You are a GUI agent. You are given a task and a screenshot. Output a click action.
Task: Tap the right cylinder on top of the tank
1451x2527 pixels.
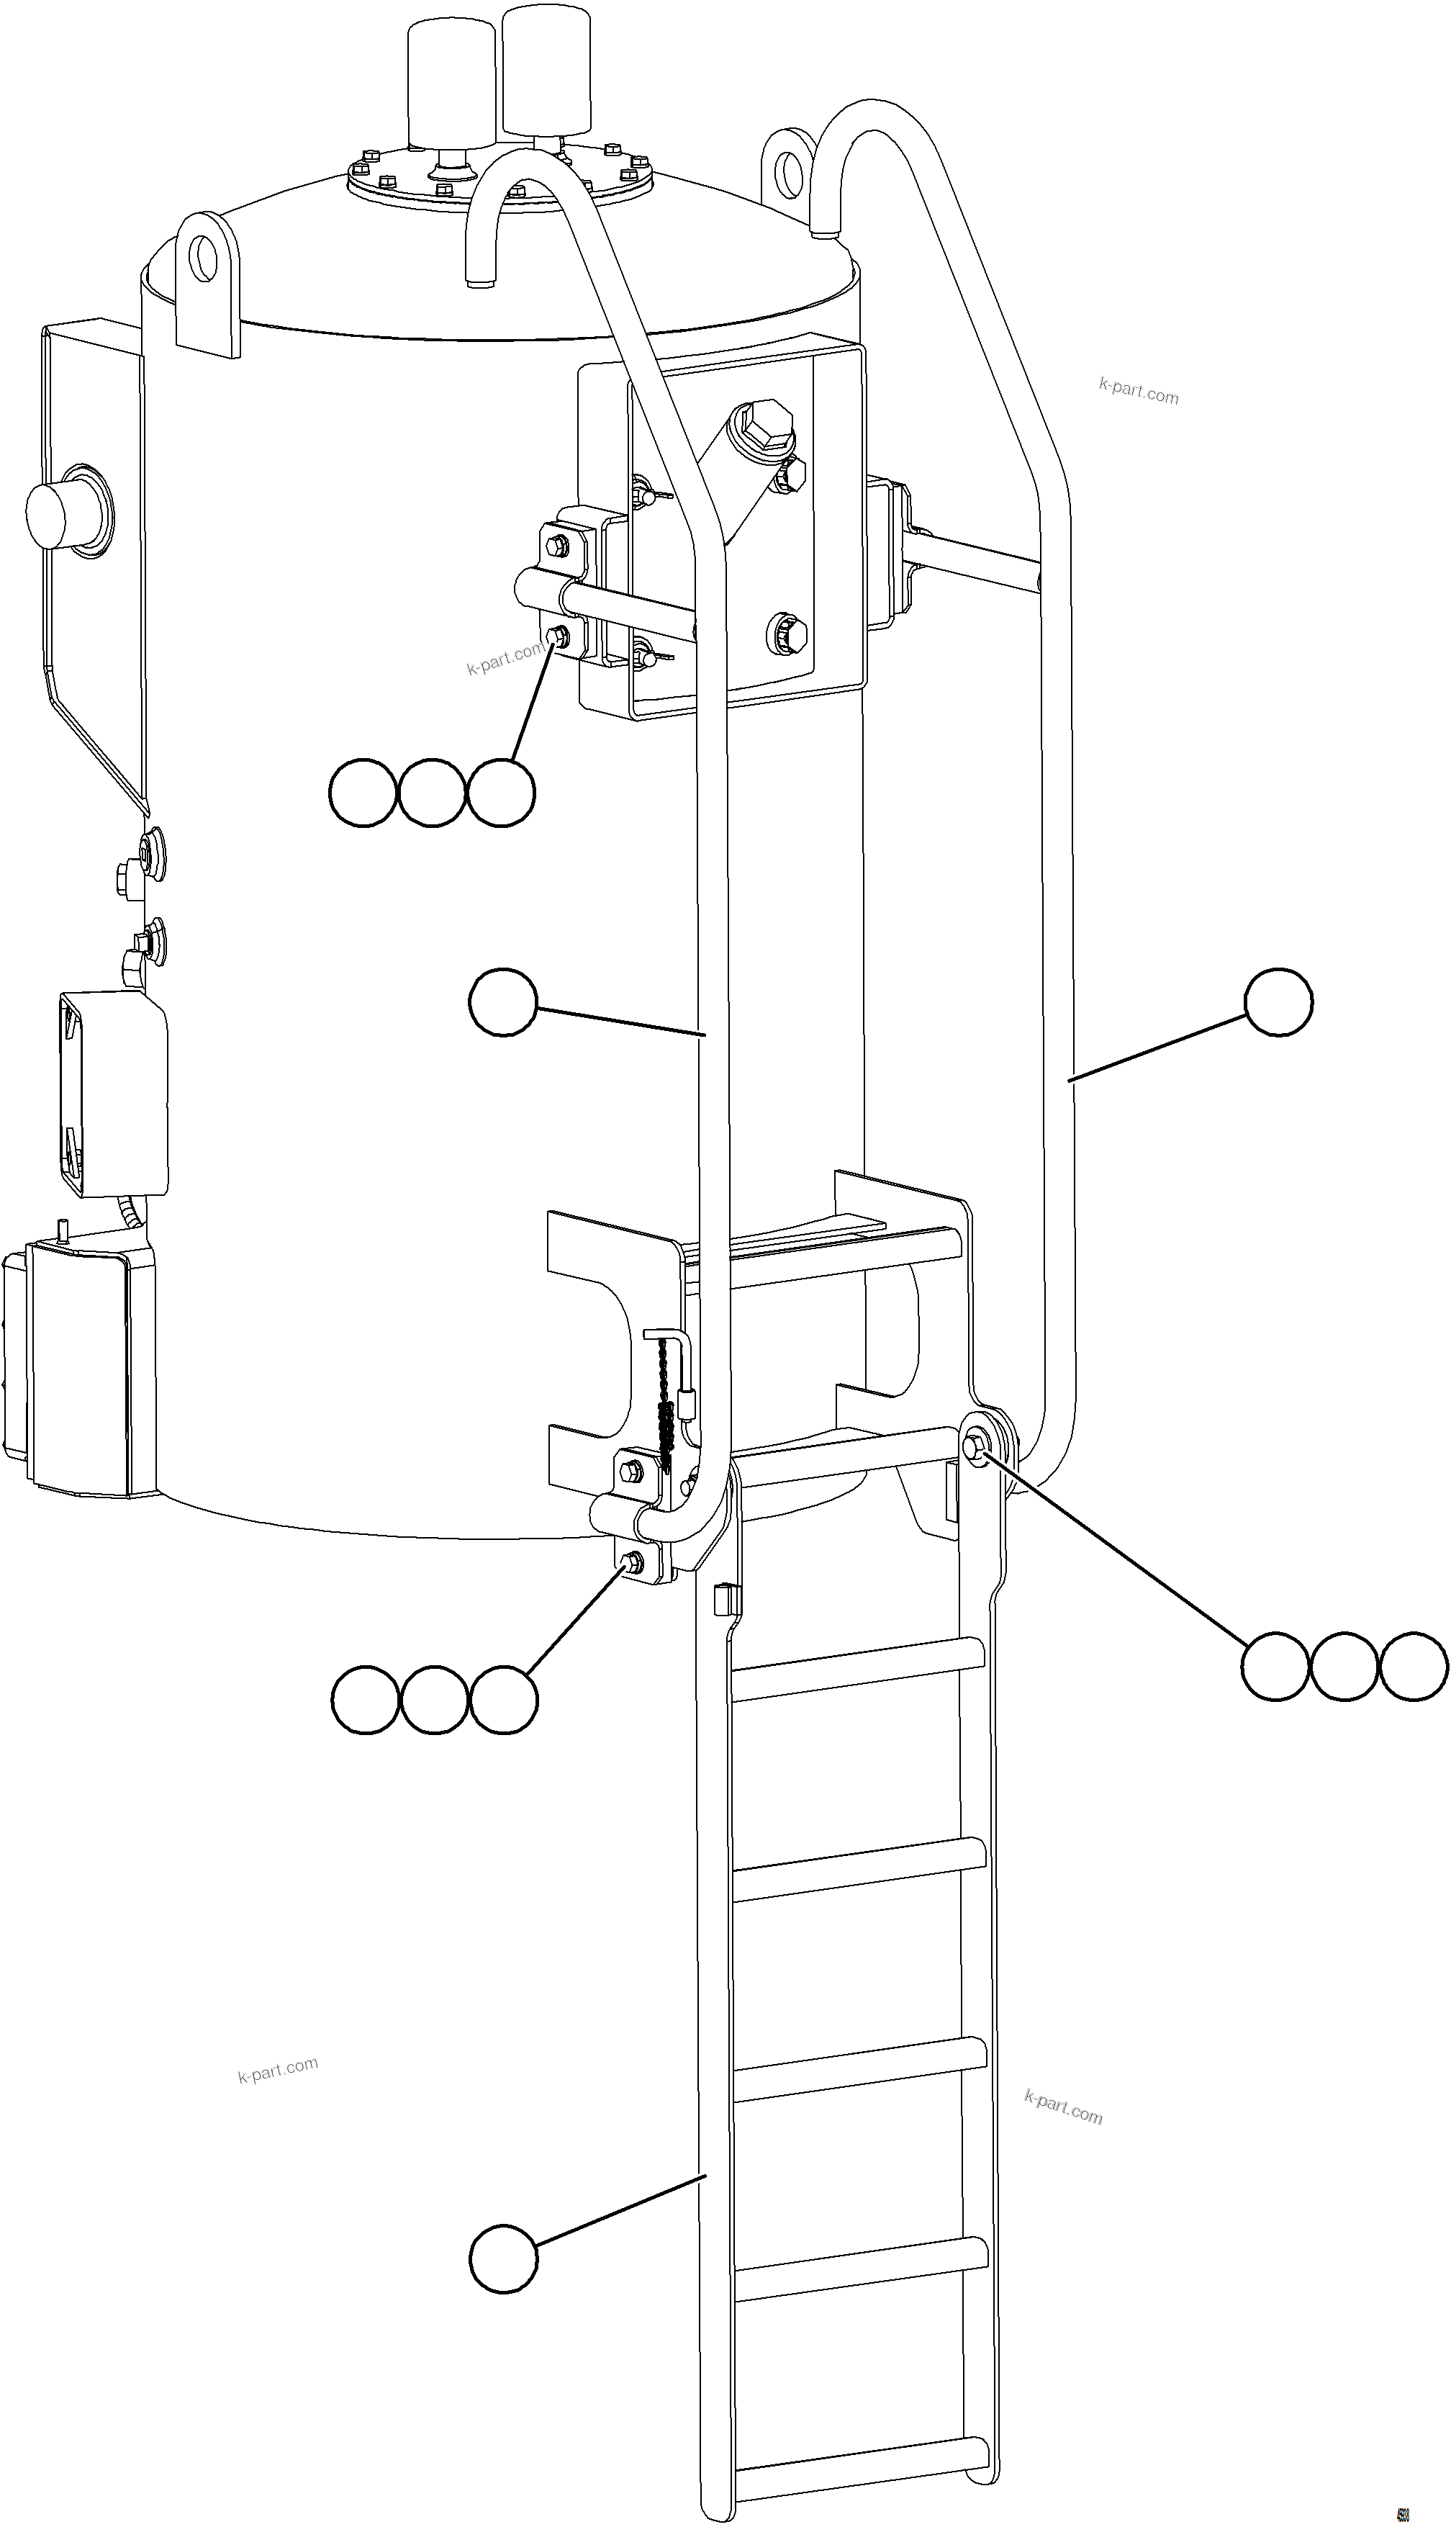click(546, 68)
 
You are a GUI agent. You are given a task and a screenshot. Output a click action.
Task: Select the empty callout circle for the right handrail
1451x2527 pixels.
click(1278, 1002)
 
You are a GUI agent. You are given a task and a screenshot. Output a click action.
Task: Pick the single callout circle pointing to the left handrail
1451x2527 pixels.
click(503, 1002)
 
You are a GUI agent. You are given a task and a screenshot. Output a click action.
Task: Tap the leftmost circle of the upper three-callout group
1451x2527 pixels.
click(363, 793)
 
